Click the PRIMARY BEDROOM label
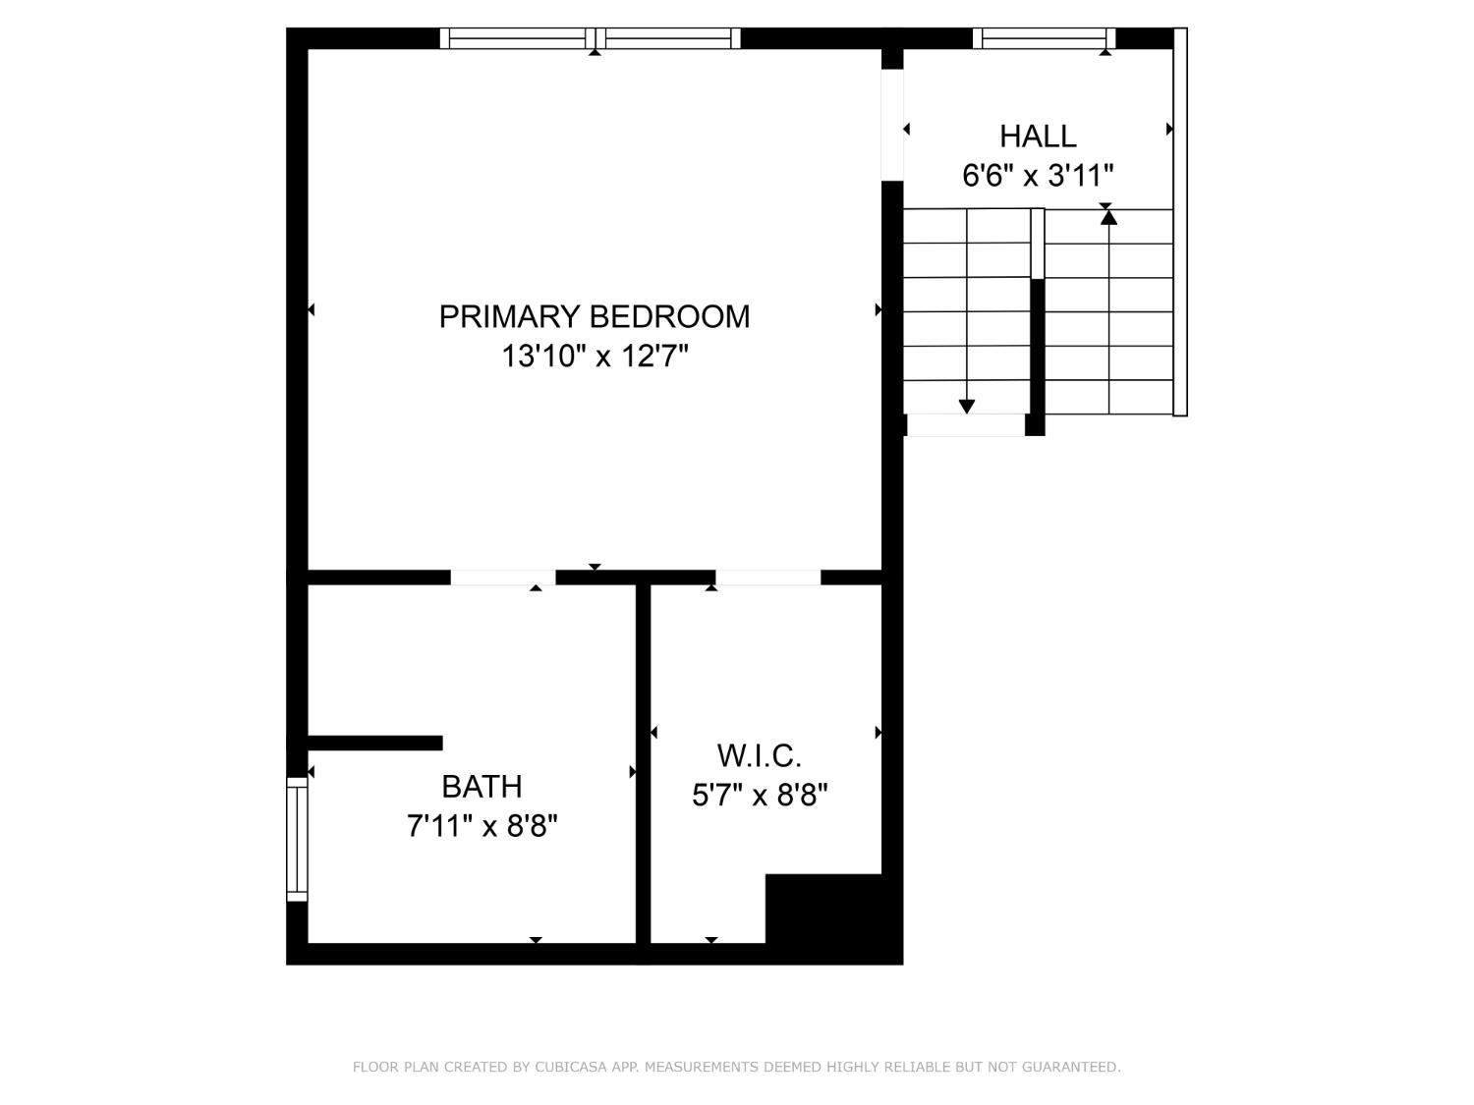(594, 316)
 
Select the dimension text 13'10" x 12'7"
(594, 356)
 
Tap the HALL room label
(1038, 136)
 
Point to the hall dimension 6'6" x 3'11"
(1038, 176)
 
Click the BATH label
(482, 787)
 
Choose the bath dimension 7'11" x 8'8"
(482, 826)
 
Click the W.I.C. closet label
(760, 755)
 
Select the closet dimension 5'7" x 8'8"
(760, 794)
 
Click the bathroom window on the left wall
(297, 839)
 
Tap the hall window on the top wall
(1044, 38)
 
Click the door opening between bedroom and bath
(503, 578)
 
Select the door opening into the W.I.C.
(767, 578)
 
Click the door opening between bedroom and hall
(891, 125)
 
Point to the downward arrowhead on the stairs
(967, 406)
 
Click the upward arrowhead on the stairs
(1108, 217)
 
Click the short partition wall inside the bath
(374, 743)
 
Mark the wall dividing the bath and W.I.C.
(643, 766)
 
